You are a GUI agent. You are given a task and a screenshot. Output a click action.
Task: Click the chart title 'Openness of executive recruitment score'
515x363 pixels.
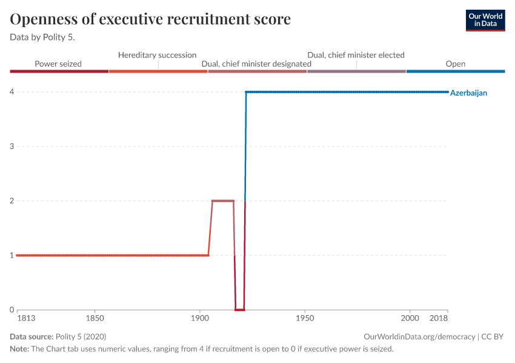150,19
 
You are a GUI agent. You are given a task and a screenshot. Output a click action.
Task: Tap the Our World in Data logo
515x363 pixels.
485,20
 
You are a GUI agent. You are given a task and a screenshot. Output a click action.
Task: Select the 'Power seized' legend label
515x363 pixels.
58,64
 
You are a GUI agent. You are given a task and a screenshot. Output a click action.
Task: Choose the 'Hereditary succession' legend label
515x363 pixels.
157,55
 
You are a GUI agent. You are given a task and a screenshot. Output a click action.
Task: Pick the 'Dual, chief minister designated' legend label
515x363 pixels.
256,64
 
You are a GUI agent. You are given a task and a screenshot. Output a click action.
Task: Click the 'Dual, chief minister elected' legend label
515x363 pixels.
356,55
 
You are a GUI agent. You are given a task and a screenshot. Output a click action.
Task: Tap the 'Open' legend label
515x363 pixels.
455,64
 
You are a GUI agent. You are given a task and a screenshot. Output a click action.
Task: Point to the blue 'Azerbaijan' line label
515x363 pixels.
468,93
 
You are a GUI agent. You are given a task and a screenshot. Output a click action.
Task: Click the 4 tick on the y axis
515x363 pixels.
12,92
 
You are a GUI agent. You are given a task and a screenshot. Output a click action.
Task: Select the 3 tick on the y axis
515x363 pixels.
12,146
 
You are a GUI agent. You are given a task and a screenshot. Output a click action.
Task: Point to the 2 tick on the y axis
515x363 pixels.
12,201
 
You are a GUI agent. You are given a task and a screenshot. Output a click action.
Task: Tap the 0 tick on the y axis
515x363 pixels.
12,310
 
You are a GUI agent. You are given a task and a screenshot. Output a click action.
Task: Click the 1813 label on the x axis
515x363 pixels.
25,318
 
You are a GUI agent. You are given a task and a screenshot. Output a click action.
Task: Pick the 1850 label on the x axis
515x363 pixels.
94,318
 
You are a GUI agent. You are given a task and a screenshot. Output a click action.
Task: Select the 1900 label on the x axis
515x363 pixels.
199,318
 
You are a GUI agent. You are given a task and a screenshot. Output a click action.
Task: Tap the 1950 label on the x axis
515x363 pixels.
305,318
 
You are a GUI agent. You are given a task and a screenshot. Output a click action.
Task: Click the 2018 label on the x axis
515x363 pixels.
439,318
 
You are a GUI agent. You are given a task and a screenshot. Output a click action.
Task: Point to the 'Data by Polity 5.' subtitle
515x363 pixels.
47,37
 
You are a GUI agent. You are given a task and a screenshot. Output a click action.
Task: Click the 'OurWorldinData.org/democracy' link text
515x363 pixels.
419,336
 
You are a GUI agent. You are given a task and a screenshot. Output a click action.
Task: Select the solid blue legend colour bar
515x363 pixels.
455,71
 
